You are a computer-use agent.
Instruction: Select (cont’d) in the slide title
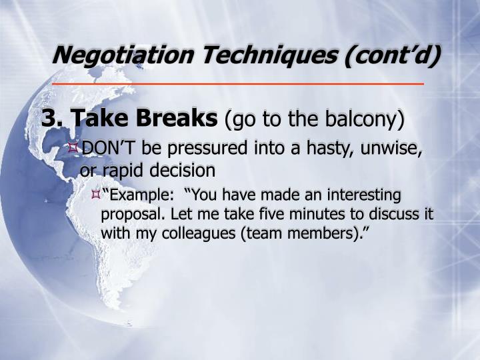tap(393, 55)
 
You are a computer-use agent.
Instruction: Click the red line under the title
tap(238, 85)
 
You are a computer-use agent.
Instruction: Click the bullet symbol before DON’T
tap(74, 147)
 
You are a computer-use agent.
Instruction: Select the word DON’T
tap(106, 147)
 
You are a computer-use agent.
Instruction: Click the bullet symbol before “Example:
tap(95, 195)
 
